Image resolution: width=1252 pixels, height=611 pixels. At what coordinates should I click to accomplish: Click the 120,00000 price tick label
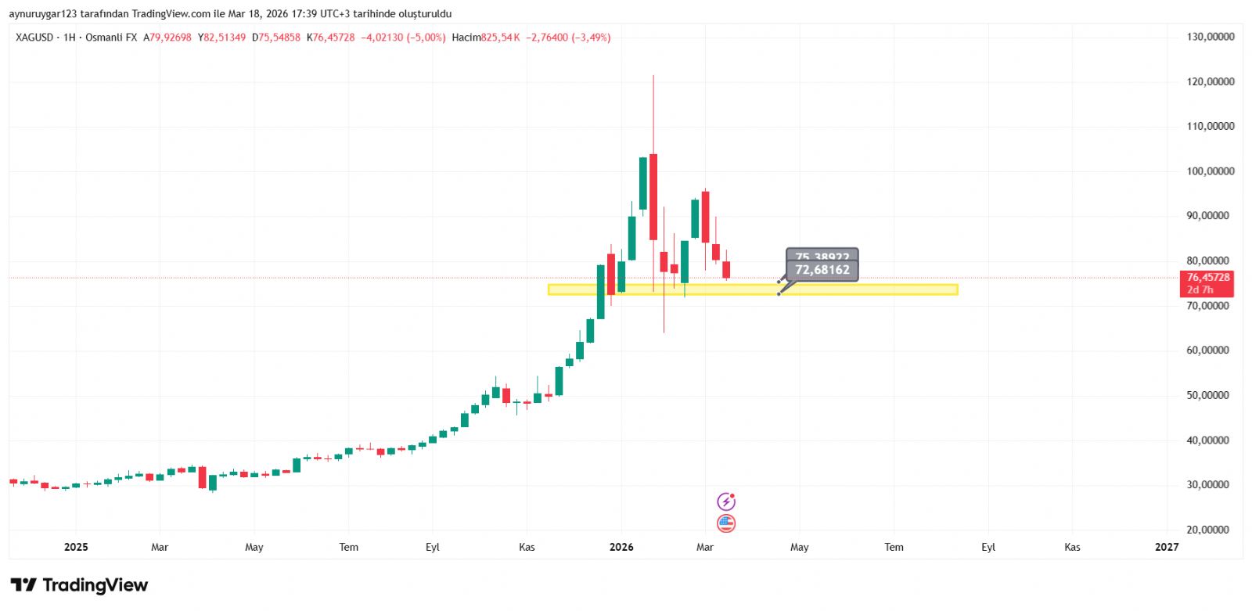point(1210,81)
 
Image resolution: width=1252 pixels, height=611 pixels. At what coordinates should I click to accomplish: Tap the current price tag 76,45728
point(1207,278)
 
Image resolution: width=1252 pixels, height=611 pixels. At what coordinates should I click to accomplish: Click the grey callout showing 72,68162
point(822,270)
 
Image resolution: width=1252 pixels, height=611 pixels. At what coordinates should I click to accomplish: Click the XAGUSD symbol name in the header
point(34,38)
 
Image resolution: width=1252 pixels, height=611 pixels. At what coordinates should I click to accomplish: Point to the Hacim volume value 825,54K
point(500,38)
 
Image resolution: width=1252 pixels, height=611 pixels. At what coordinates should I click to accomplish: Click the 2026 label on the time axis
point(621,547)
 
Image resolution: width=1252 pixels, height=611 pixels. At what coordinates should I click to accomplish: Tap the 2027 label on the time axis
point(1166,547)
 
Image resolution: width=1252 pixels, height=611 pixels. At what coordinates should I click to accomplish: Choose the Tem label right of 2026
point(894,547)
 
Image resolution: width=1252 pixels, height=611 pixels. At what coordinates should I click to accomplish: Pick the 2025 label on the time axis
point(76,547)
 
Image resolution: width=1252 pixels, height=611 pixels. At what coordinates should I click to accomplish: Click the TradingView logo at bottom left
point(79,585)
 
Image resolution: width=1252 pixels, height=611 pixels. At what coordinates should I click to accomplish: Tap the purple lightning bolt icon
point(726,501)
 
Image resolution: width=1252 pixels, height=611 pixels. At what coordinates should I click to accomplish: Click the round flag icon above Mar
point(726,523)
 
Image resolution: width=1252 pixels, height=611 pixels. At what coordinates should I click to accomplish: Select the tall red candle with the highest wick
point(653,196)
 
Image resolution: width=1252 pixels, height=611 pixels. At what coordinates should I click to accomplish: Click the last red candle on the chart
point(726,270)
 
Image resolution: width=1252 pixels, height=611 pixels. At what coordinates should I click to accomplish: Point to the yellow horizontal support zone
point(861,289)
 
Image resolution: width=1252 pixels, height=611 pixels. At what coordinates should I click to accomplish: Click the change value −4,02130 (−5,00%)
point(403,38)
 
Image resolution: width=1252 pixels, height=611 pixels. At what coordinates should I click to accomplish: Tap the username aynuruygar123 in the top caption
point(43,14)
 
